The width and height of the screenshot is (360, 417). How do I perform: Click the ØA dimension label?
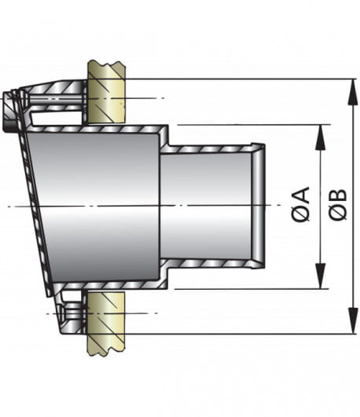(301, 204)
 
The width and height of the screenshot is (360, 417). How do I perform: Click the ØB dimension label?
(338, 204)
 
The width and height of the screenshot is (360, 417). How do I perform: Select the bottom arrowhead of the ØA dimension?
(321, 276)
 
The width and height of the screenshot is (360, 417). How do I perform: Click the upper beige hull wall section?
(107, 92)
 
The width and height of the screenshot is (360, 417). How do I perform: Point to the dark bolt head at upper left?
(9, 112)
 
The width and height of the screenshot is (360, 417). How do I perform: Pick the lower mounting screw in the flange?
(72, 313)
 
